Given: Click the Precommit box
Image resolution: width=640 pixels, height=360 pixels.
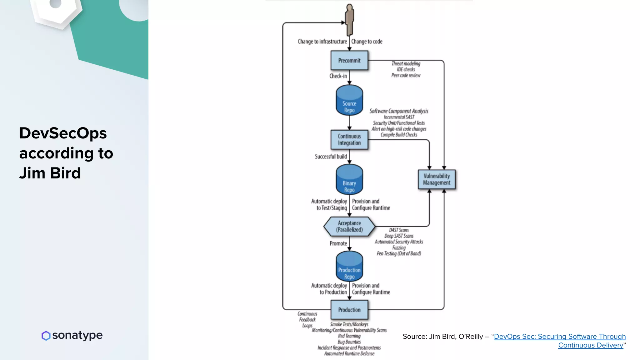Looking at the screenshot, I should click(349, 61).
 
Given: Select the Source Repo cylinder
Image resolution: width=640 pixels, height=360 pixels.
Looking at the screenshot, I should click(349, 101).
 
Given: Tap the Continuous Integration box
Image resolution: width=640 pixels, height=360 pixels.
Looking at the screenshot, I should click(349, 140).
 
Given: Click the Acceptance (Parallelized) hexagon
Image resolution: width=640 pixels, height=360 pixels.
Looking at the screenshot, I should click(349, 226).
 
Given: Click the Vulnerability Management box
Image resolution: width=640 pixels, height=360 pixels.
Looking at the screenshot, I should click(437, 179).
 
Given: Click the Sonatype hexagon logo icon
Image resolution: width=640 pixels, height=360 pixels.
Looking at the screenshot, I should click(46, 336).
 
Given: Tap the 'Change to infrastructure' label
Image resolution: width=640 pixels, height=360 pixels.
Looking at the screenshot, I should click(322, 42).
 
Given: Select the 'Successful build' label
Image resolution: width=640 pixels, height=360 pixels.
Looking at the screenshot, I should click(331, 156).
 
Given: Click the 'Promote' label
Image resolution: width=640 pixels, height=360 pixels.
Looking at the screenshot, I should click(338, 243).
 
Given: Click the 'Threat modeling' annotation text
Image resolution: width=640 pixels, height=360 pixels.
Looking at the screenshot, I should click(406, 63).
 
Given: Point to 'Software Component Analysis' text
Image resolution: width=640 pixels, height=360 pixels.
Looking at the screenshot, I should click(399, 111).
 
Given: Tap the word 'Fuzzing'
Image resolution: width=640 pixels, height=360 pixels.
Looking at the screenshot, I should click(399, 247).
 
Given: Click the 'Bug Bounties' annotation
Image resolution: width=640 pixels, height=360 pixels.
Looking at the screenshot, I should click(349, 342).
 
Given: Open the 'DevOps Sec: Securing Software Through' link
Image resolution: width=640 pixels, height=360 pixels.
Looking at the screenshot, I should click(560, 337).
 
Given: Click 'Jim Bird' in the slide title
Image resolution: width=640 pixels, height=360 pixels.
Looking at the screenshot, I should click(50, 173).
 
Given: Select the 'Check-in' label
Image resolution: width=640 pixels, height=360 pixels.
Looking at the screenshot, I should click(338, 76).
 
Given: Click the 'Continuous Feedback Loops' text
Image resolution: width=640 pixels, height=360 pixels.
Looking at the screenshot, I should click(307, 319).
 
